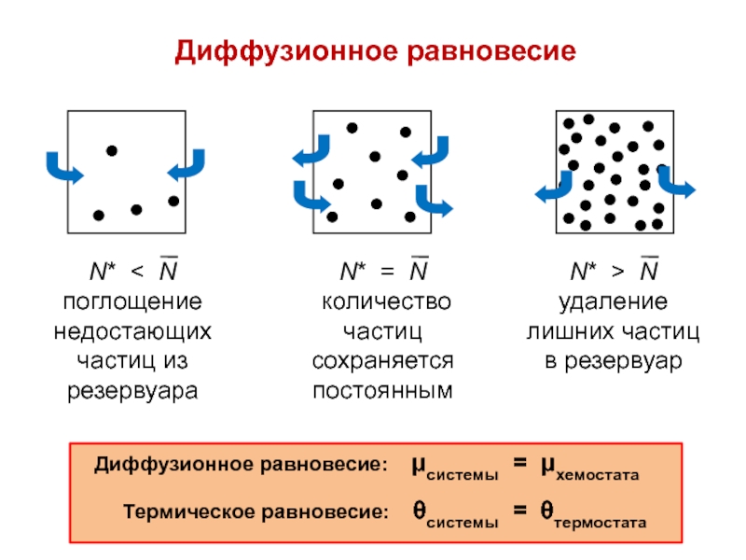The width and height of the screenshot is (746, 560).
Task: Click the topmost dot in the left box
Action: pos(112,150)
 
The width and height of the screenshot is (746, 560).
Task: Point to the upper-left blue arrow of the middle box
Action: pos(311,152)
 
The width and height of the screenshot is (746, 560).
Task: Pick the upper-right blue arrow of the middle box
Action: pos(432,152)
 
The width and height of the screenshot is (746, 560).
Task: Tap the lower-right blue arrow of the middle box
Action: pos(434,201)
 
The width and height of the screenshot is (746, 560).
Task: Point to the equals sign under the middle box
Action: pos(387,273)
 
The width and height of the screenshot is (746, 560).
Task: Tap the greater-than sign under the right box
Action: pos(618,273)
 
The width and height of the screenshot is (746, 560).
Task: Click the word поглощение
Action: pos(132,302)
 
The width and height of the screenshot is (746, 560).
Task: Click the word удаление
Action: pos(613,302)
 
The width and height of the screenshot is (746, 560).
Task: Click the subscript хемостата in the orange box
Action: pos(598,476)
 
